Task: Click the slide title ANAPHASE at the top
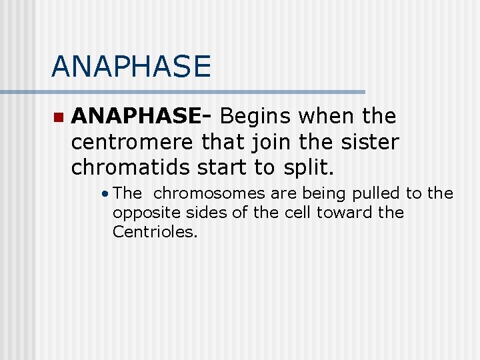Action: pyautogui.click(x=131, y=66)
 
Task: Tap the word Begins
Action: pyautogui.click(x=256, y=117)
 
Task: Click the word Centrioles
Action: pyautogui.click(x=155, y=232)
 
